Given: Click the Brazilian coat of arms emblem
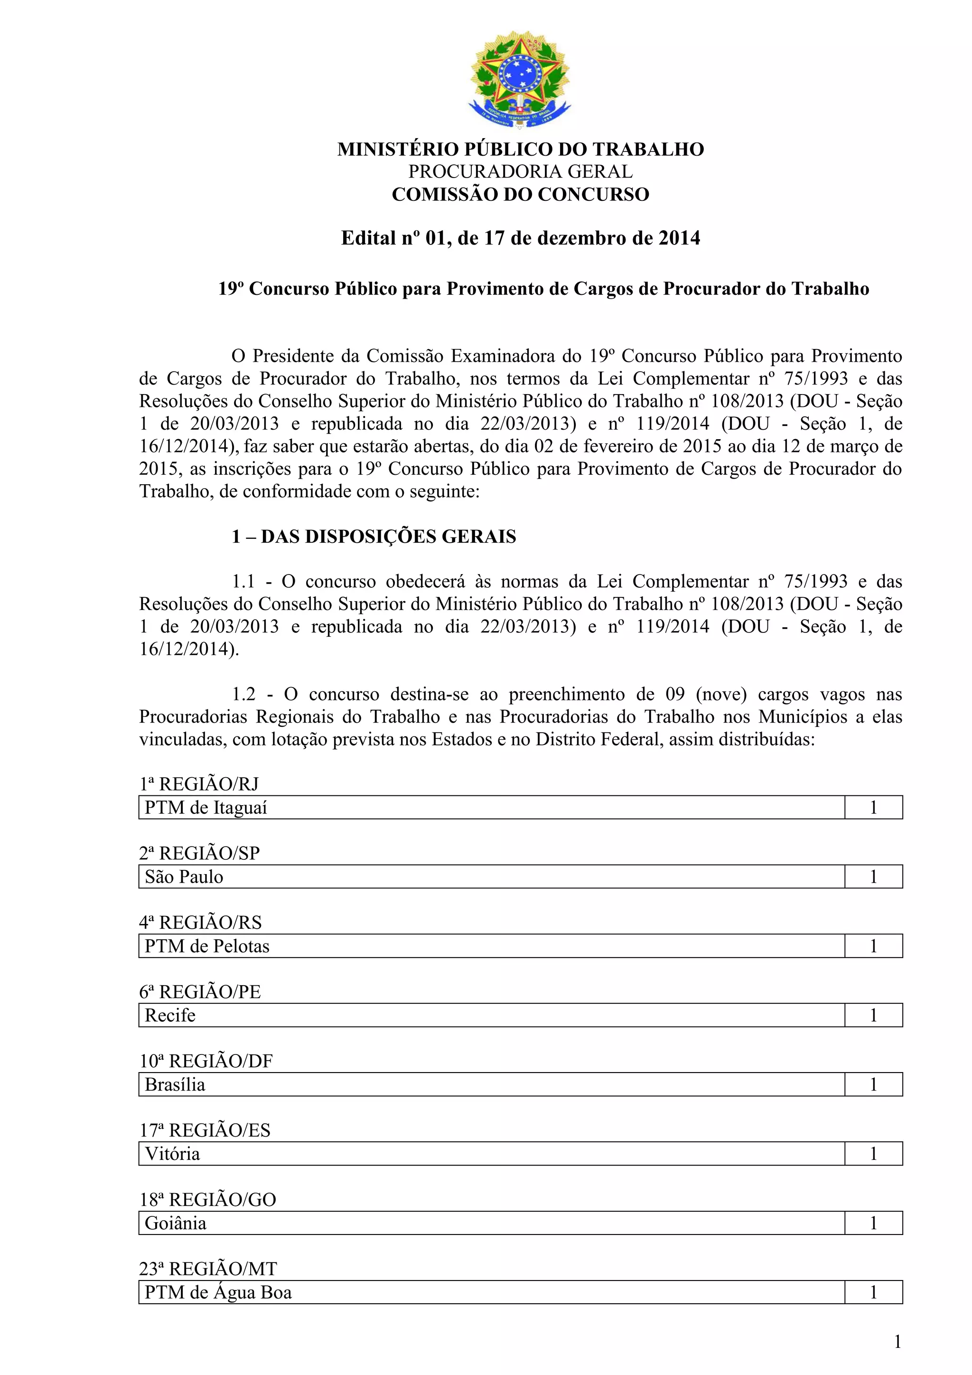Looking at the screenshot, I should [520, 78].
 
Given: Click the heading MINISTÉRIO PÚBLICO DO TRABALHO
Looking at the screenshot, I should [520, 149].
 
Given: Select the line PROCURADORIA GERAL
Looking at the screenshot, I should [520, 172].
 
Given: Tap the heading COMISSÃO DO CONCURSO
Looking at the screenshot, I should [520, 195].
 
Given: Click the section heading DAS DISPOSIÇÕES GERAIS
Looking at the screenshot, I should [388, 537].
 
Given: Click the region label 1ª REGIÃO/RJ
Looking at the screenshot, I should [199, 784].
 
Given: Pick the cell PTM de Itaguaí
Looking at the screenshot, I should [206, 808].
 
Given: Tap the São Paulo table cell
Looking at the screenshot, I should [184, 877].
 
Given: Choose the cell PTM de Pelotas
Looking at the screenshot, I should [207, 946].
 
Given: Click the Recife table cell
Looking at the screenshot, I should [170, 1016].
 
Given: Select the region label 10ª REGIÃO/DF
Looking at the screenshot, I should [206, 1061].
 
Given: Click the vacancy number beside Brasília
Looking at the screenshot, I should [873, 1084].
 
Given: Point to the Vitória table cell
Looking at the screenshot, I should [172, 1154].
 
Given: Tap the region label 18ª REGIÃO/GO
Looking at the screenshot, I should [208, 1199].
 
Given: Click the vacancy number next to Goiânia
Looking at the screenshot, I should [873, 1223].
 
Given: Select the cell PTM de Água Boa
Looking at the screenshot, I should [218, 1292].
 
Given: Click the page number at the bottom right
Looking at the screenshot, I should [897, 1342].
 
